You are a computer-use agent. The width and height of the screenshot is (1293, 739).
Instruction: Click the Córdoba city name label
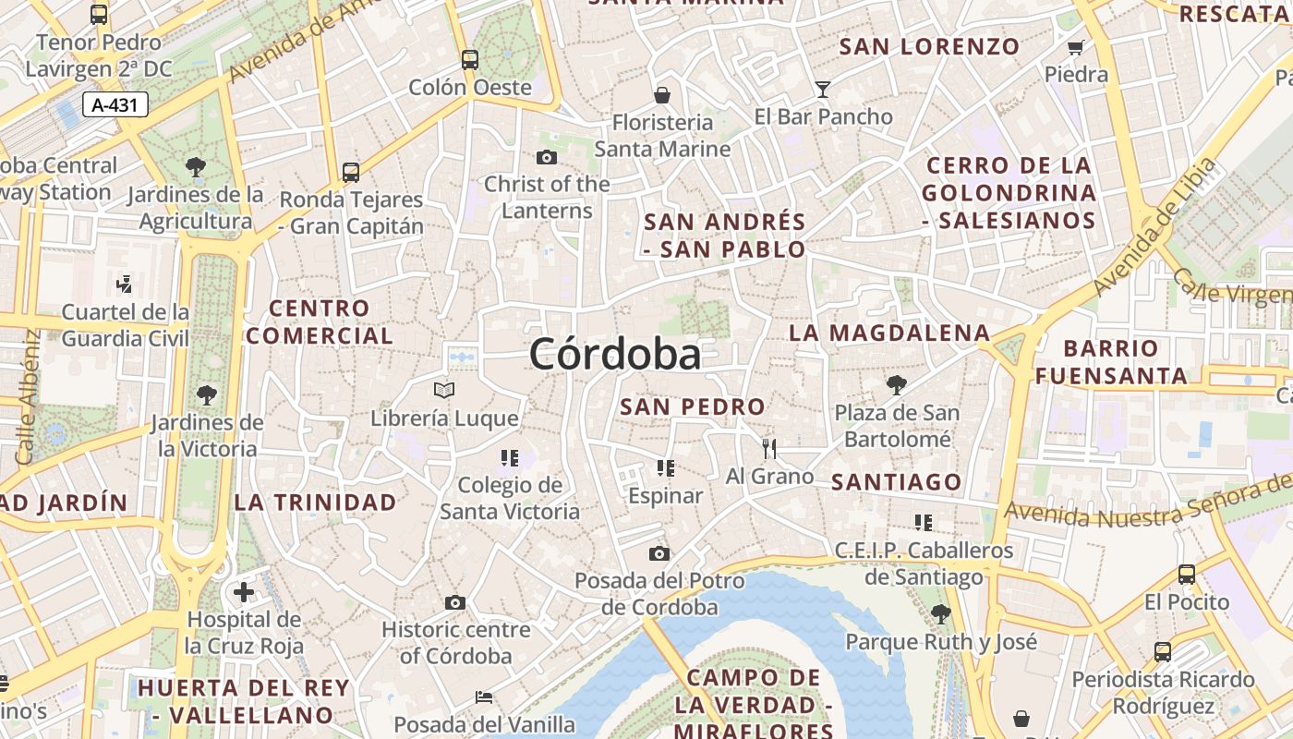[x=615, y=354]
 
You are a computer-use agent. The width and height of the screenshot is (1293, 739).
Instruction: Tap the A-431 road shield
[x=115, y=105]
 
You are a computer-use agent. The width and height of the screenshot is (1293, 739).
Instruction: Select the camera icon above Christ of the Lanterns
[x=547, y=157]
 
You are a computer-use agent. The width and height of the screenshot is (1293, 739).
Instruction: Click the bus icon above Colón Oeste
[x=470, y=60]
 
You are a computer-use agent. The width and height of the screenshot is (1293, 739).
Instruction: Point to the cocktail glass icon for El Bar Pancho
[x=823, y=90]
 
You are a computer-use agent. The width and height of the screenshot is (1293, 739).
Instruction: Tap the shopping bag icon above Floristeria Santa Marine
[x=662, y=95]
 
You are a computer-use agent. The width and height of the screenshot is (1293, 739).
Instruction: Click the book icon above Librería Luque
[x=444, y=391]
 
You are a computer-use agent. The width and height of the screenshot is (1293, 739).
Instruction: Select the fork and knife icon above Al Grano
[x=769, y=448]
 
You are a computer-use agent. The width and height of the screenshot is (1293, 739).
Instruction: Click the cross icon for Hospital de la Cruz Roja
[x=244, y=591]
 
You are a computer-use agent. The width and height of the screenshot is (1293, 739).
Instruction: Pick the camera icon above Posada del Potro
[x=659, y=553]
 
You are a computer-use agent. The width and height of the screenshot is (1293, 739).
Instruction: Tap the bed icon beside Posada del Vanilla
[x=484, y=697]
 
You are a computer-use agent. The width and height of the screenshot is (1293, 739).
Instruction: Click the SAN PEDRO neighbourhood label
[x=693, y=406]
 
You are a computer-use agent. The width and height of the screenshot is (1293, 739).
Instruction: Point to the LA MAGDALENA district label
[x=889, y=333]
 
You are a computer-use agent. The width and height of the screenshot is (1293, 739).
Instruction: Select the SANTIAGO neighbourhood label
[x=897, y=482]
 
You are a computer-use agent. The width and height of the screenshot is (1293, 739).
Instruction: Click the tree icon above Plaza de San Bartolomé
[x=896, y=384]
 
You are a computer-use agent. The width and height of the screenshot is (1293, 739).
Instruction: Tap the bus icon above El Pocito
[x=1187, y=575]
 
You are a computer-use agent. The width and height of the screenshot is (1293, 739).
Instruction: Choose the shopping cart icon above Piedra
[x=1075, y=47]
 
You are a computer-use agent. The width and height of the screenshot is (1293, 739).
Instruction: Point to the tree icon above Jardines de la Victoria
[x=207, y=395]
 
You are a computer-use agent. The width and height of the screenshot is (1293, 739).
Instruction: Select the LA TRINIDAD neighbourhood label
[x=315, y=503]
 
